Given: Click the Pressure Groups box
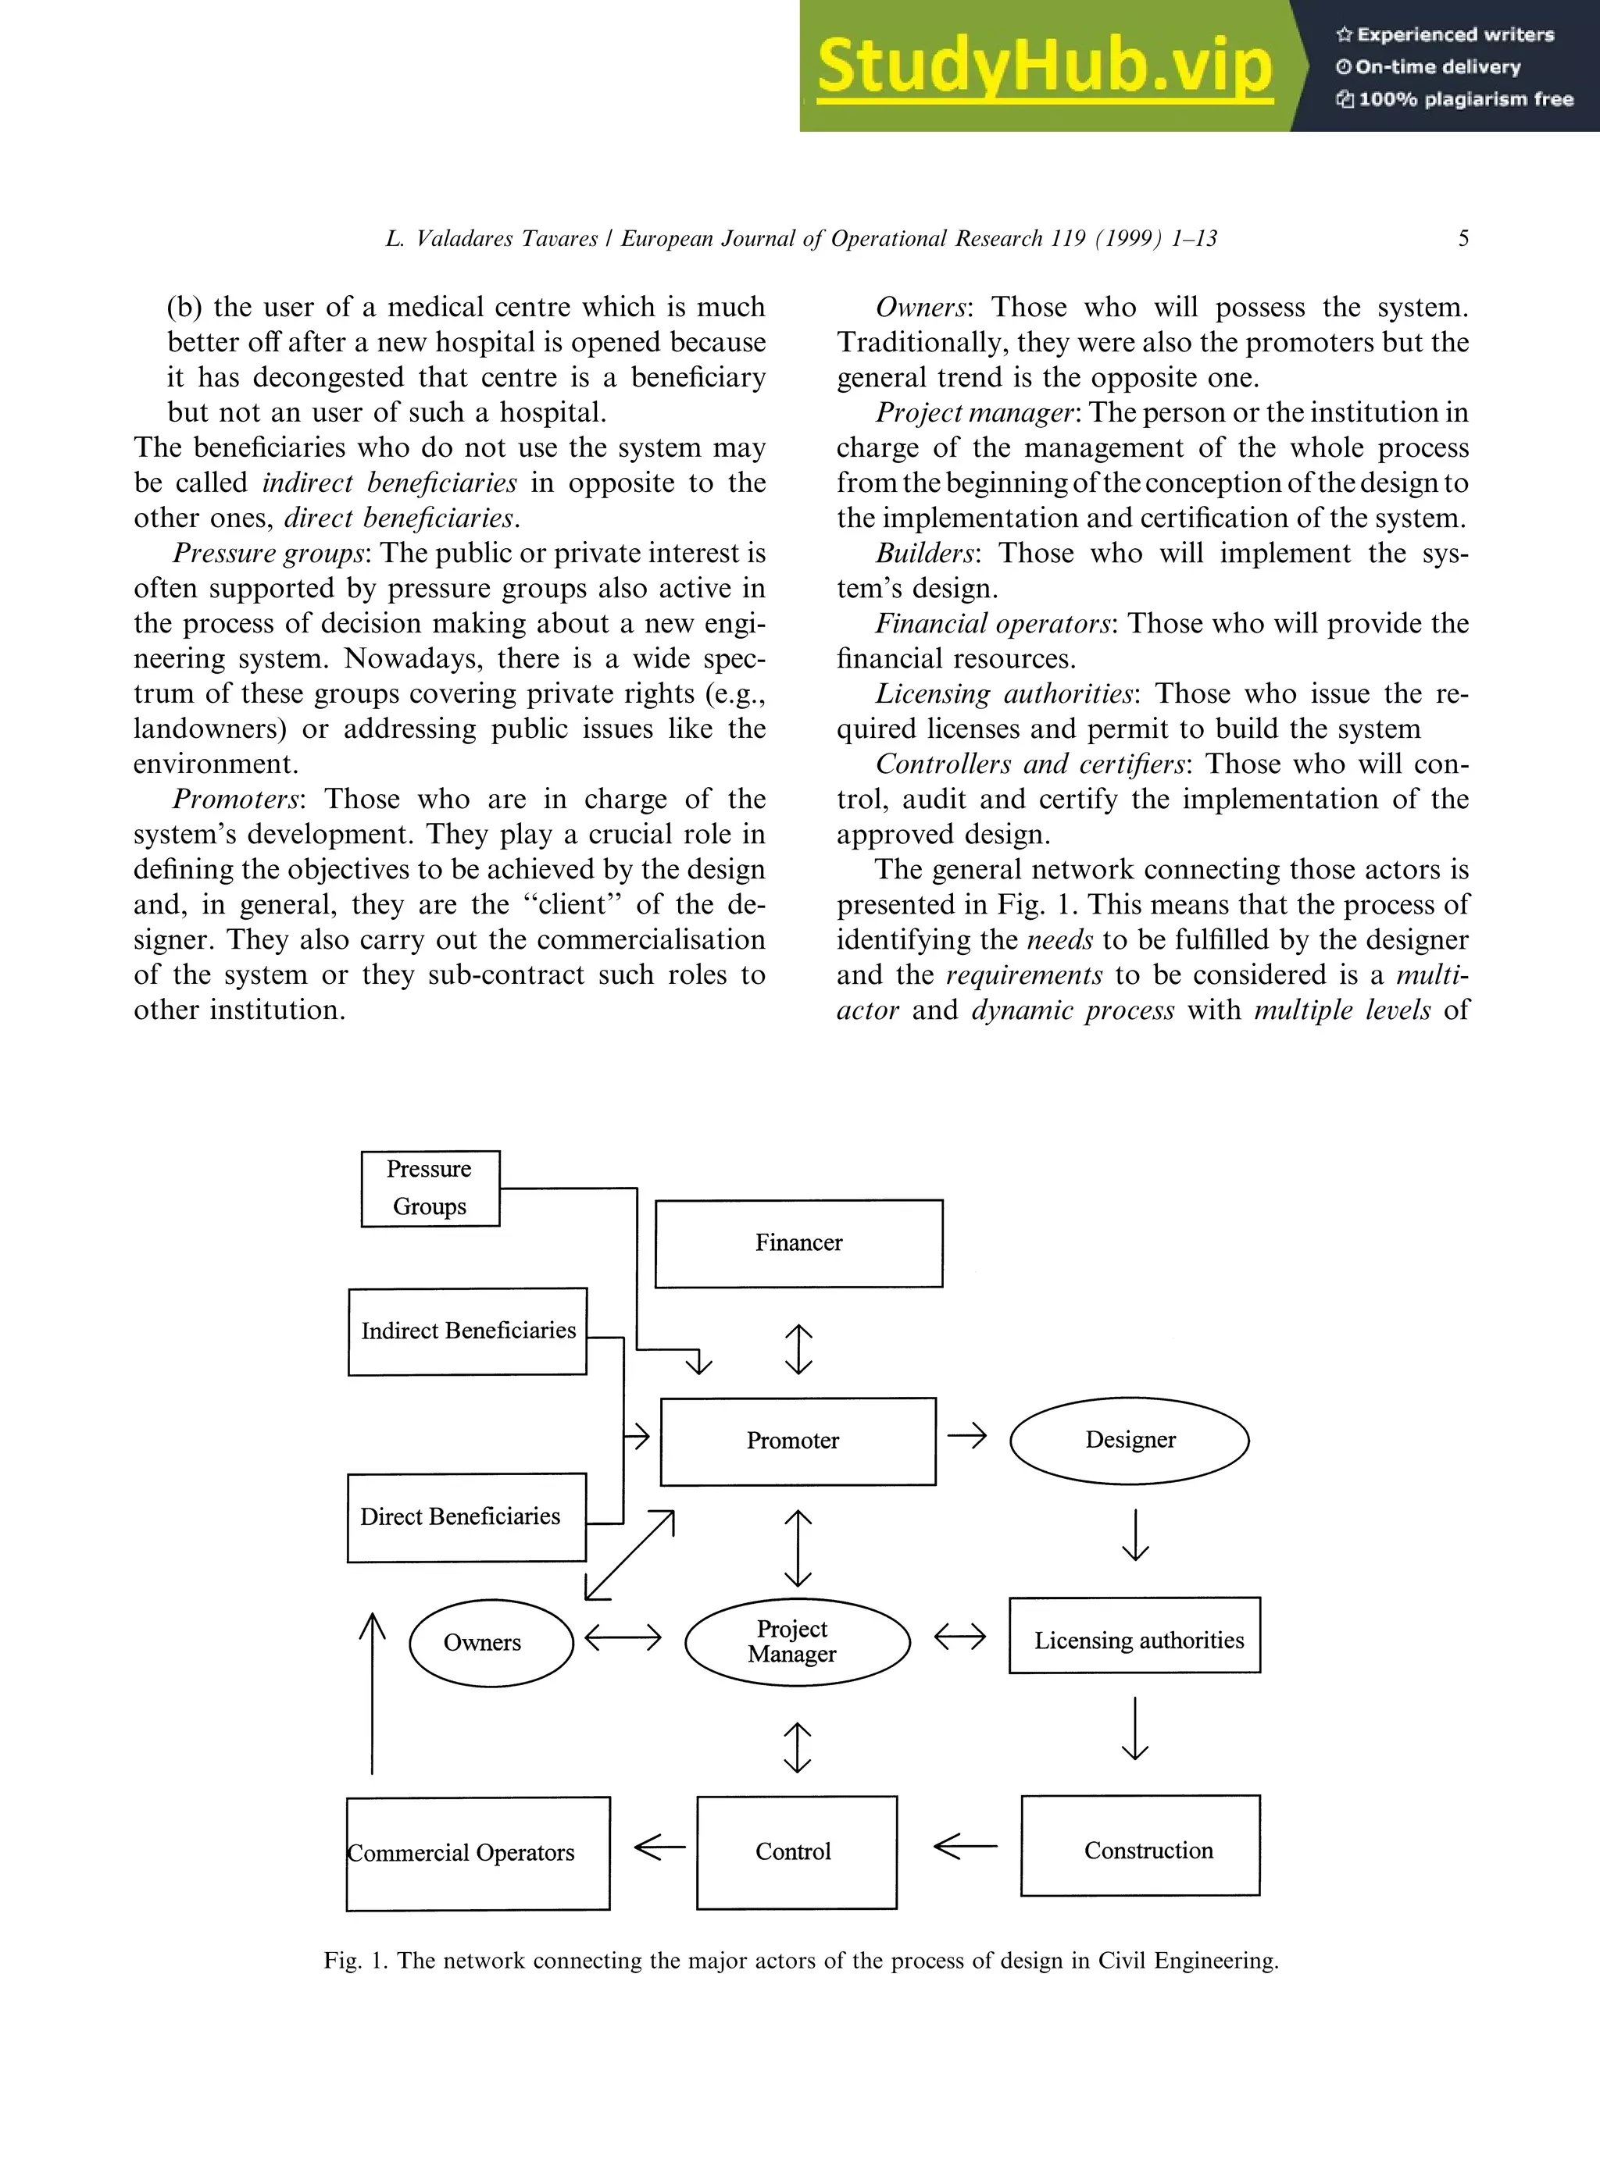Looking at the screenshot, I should coord(430,1188).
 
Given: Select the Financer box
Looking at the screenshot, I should coord(798,1243).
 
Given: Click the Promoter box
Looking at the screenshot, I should coord(797,1441).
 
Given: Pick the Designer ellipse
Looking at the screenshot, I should coord(1130,1440).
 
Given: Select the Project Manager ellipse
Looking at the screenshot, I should coord(797,1642).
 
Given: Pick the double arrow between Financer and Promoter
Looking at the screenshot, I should coord(798,1349).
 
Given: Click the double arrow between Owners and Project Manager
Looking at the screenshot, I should coord(623,1638).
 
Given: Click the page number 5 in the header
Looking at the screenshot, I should coord(1463,238).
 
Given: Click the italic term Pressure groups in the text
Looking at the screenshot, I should coord(268,553).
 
